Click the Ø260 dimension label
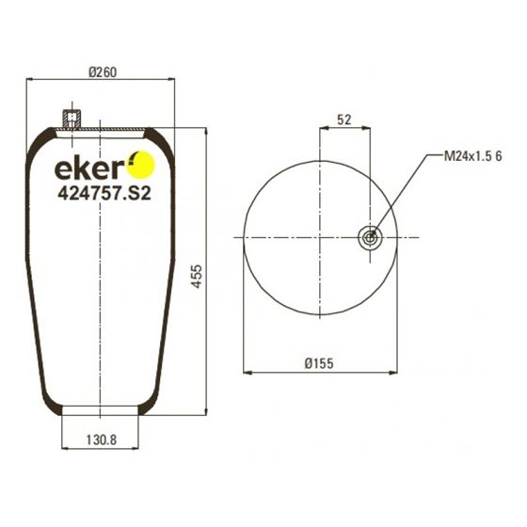tap(103, 72)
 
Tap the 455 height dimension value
tap(197, 277)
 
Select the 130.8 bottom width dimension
tap(102, 439)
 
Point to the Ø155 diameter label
tap(319, 363)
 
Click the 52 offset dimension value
tap(343, 120)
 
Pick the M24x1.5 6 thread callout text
tap(472, 156)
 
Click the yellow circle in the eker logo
tap(140, 165)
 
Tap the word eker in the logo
tap(88, 168)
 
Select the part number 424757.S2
tap(104, 193)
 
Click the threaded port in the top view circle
tap(370, 238)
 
